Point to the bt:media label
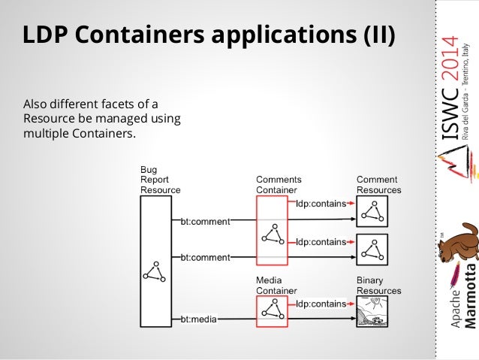[x=199, y=319]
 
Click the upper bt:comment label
[x=205, y=221]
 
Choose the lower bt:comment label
[x=205, y=257]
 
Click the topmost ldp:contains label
[x=321, y=203]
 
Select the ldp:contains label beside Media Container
[x=321, y=304]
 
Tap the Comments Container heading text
[x=279, y=185]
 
